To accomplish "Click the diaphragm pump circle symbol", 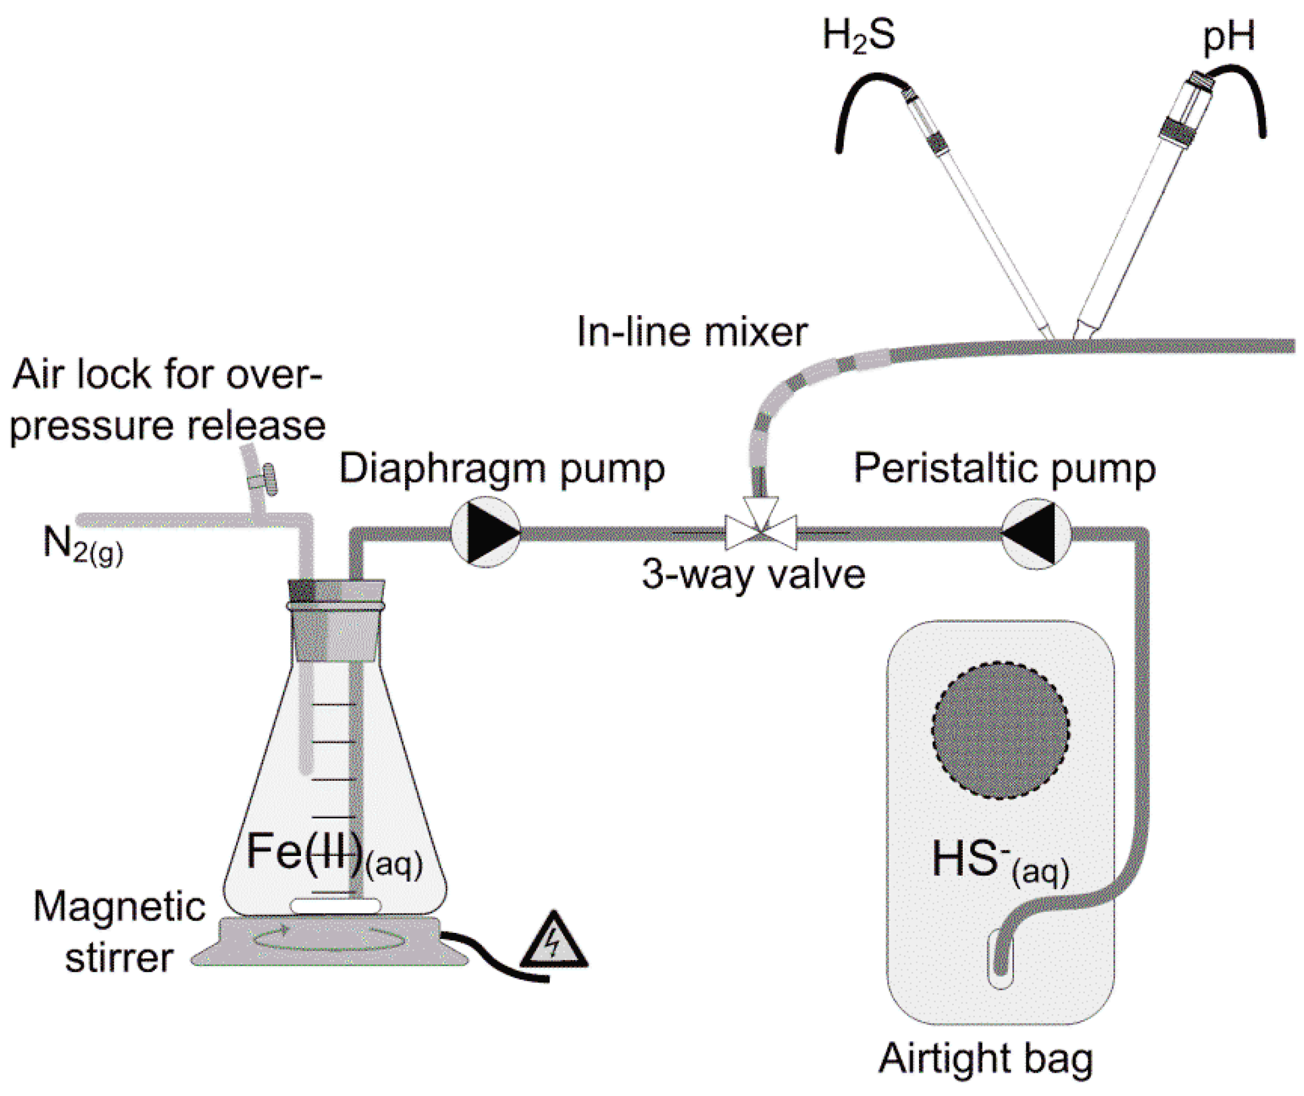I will pos(485,533).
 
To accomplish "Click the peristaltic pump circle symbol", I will pos(1036,533).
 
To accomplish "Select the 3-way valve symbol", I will pos(761,531).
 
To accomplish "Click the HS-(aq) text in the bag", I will pos(1000,861).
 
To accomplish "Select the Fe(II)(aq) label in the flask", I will pos(334,854).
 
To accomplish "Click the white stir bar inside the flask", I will pos(336,906).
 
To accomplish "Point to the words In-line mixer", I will pos(692,332).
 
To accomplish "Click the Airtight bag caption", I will pos(985,1059).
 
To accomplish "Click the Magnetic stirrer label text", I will pos(119,932).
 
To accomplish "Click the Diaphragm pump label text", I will pos(502,469).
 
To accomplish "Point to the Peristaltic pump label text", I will pos(1004,468).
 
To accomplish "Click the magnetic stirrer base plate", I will pos(329,941).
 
